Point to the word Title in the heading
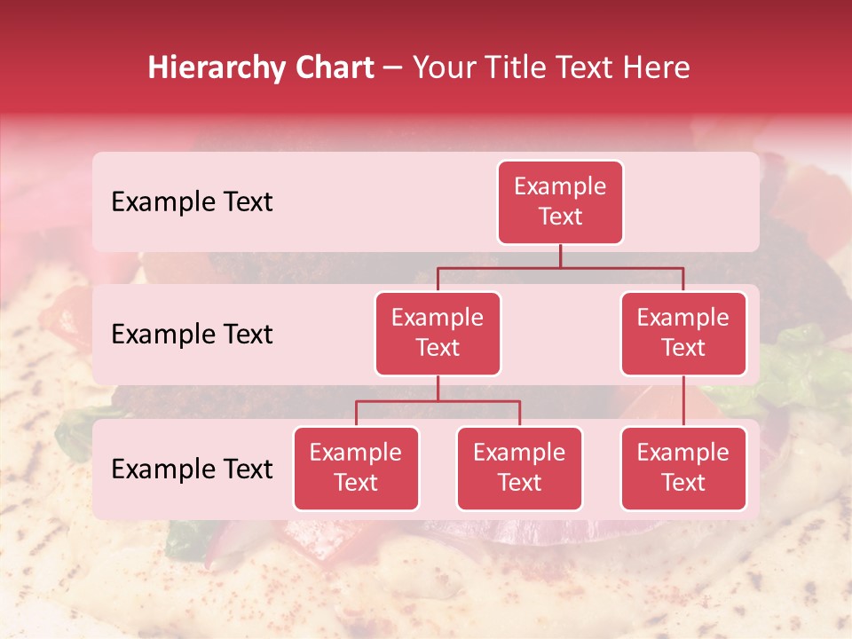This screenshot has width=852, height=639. click(x=525, y=68)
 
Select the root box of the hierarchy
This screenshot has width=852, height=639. click(x=560, y=202)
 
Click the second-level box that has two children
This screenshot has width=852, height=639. click(x=438, y=334)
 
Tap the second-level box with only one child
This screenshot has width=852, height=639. click(x=683, y=334)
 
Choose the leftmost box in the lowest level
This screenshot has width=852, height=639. click(x=356, y=469)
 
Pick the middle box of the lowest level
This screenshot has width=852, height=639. click(x=519, y=469)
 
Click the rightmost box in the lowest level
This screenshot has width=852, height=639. click(x=683, y=469)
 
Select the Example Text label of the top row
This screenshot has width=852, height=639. click(x=192, y=202)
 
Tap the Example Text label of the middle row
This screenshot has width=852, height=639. click(x=192, y=335)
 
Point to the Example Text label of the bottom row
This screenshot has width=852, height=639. click(x=192, y=469)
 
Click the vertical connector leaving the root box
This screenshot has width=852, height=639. click(x=560, y=256)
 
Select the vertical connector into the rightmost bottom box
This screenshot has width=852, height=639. click(x=683, y=401)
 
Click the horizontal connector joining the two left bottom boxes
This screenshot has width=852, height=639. click(x=438, y=401)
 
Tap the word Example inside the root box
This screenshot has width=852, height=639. click(x=560, y=187)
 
